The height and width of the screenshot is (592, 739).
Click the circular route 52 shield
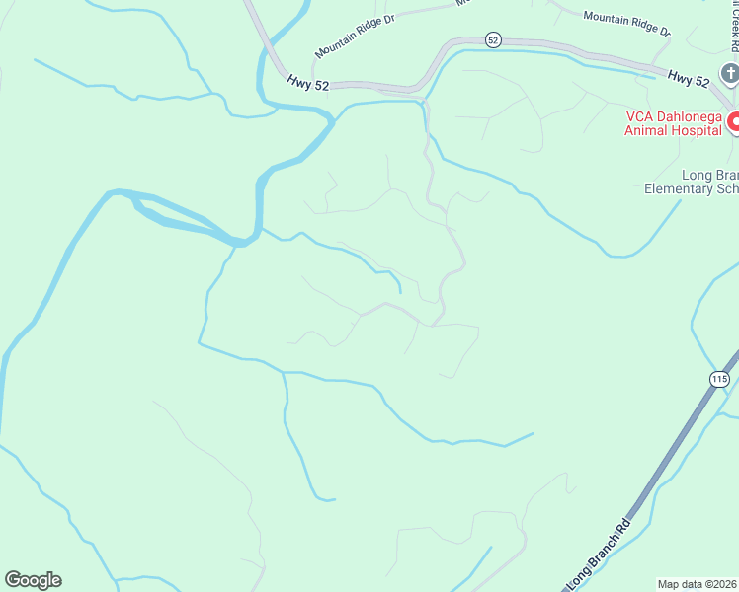(494, 39)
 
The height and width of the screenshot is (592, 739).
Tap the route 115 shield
(719, 379)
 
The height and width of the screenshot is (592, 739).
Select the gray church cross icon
(729, 73)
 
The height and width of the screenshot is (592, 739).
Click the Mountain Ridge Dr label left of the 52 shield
(354, 36)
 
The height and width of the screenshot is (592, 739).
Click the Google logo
(33, 580)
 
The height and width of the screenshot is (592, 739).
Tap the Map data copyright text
(698, 584)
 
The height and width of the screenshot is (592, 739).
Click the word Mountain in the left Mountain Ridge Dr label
(336, 43)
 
